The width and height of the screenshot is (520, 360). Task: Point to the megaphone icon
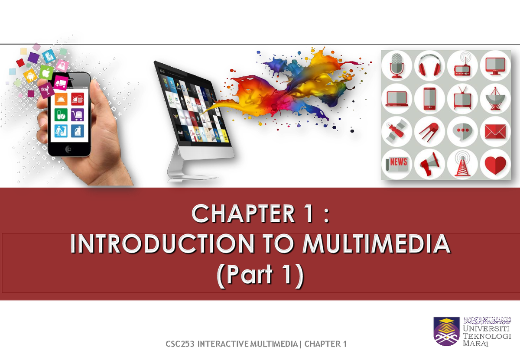point(429,165)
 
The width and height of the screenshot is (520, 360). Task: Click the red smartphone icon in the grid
point(429,99)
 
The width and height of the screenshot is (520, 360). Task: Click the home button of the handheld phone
point(68,149)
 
